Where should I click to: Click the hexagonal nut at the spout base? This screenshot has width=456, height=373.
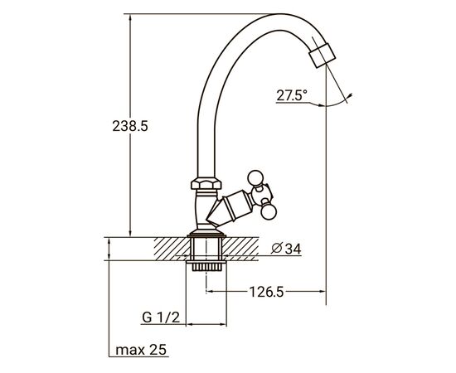pos(206,184)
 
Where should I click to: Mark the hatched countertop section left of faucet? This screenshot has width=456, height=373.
pos(170,247)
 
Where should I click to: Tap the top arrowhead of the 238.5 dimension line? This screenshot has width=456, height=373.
pos(131,16)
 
